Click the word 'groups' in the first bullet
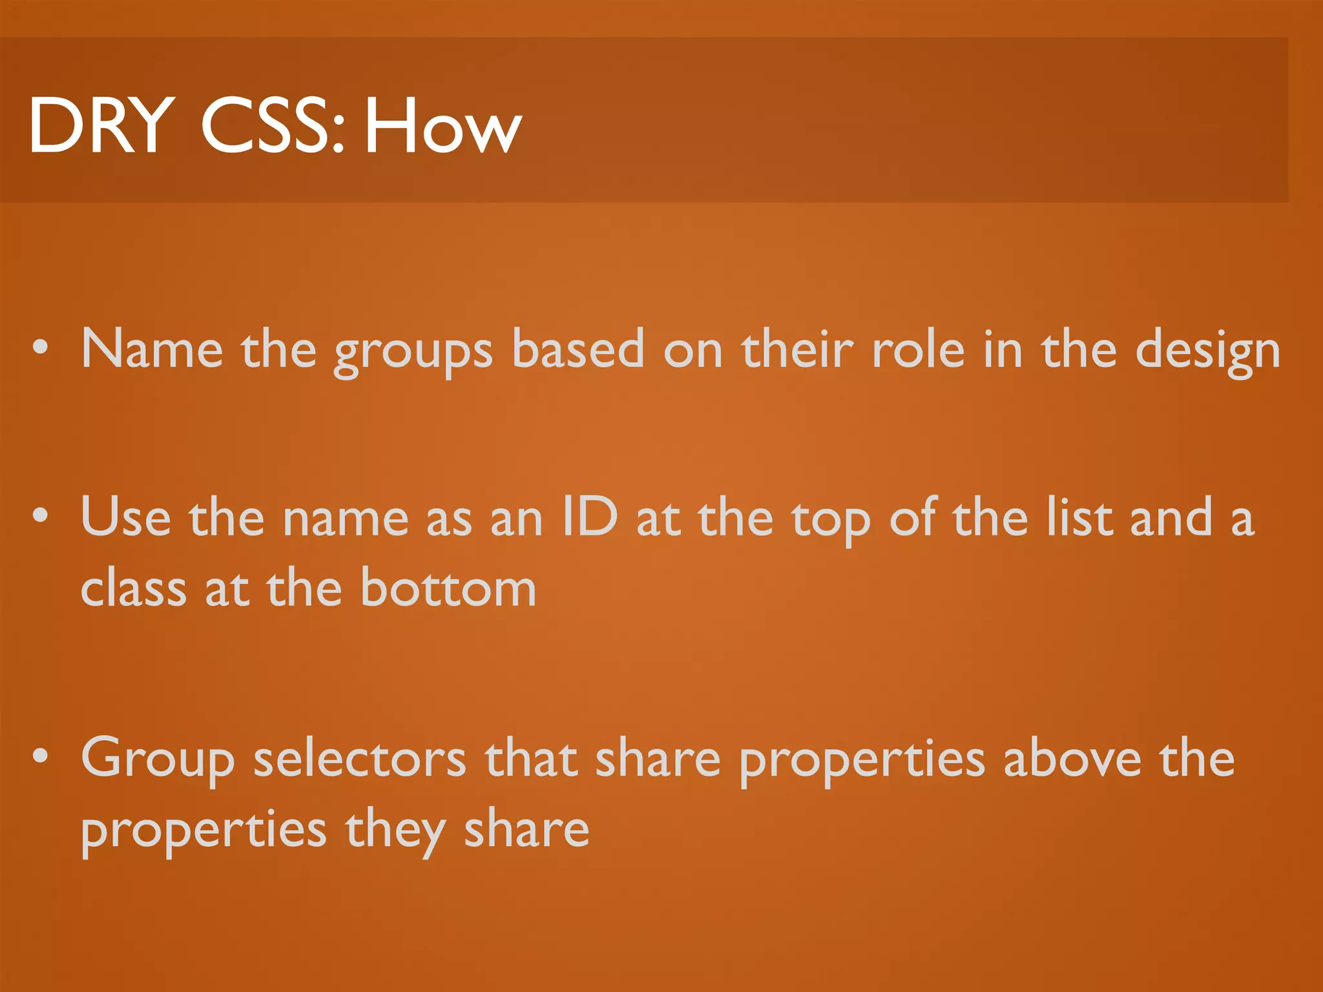(413, 352)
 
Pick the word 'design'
(1207, 352)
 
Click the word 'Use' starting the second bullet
(126, 517)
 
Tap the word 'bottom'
(448, 588)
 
